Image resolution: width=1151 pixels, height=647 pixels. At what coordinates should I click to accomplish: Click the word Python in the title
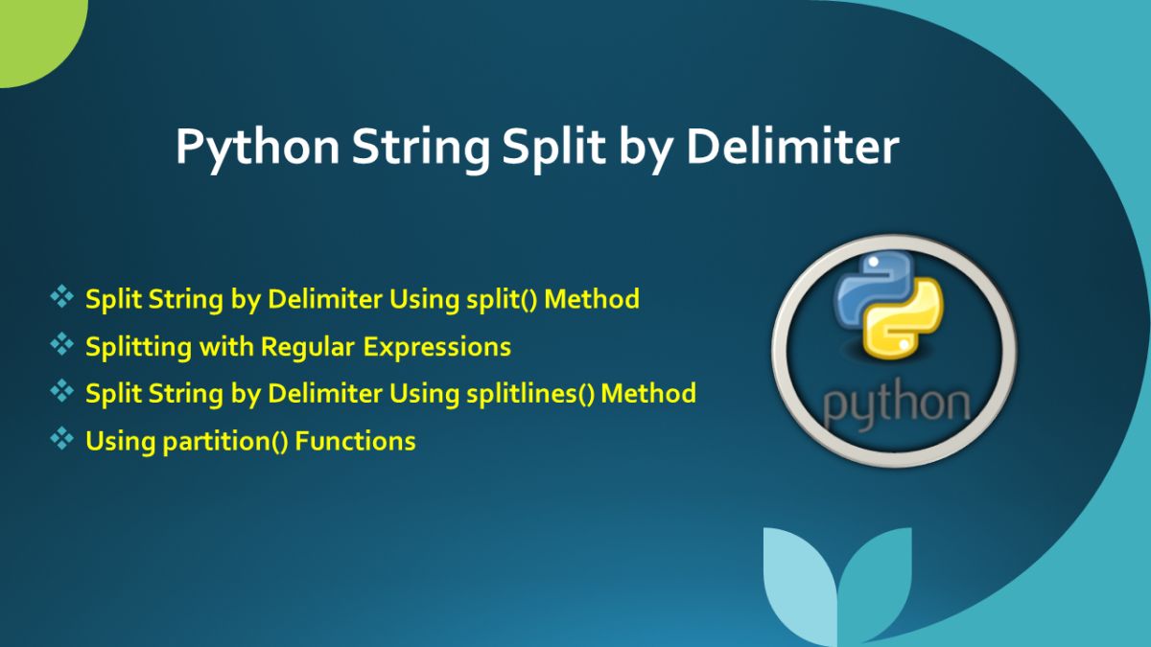[x=255, y=150]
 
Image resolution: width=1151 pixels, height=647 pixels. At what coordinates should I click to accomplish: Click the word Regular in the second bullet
[x=307, y=346]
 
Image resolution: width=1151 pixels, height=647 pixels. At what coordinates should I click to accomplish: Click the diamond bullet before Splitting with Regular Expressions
[x=62, y=344]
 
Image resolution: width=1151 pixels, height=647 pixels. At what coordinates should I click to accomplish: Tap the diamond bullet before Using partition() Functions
[x=62, y=439]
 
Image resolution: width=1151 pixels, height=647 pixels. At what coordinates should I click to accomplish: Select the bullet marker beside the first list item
[x=62, y=297]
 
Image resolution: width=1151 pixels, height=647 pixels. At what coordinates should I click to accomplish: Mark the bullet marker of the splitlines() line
[x=62, y=391]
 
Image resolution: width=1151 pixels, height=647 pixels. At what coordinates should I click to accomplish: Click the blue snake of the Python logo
[x=868, y=288]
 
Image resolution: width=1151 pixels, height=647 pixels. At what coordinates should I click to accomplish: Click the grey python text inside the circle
[x=895, y=403]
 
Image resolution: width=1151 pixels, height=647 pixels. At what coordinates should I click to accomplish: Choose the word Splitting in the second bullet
[x=138, y=347]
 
